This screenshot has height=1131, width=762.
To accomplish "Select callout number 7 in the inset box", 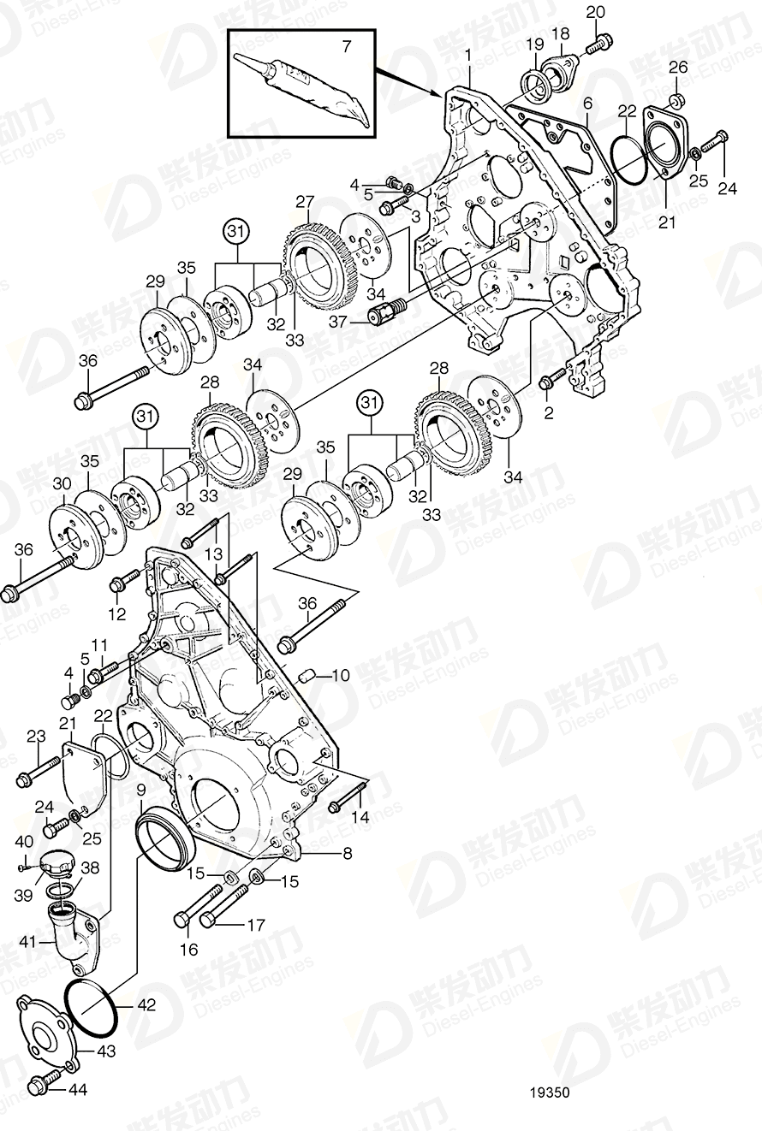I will [346, 46].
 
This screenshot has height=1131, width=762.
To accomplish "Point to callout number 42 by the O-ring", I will [146, 1005].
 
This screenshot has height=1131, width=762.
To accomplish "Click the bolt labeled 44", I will [42, 1086].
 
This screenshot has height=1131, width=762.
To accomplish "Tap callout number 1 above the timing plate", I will [468, 56].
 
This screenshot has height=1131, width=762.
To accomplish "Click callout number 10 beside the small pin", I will [341, 675].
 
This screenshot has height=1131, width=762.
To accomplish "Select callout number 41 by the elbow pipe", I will [27, 942].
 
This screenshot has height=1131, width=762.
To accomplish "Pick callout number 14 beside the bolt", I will [360, 817].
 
